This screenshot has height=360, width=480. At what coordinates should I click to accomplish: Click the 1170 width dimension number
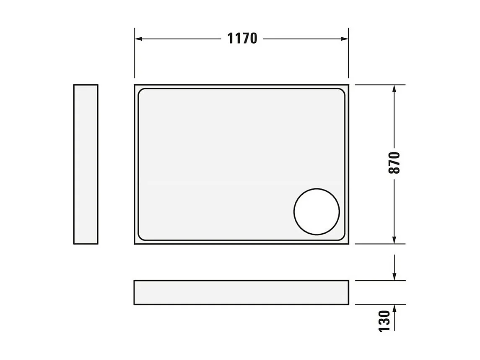click(x=242, y=38)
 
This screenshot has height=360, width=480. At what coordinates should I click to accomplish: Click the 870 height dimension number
click(x=394, y=163)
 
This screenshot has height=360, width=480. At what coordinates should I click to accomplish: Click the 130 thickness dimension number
click(x=384, y=321)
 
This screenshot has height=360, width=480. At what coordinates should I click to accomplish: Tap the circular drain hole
click(x=317, y=211)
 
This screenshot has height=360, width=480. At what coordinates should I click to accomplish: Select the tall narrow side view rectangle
click(x=86, y=164)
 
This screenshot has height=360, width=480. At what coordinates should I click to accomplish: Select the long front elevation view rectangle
click(x=241, y=292)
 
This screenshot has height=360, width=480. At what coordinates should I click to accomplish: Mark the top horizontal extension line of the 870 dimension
click(x=379, y=85)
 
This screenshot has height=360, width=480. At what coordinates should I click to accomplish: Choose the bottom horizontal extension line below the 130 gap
click(x=379, y=304)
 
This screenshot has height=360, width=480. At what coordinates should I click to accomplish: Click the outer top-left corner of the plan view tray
click(x=135, y=85)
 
